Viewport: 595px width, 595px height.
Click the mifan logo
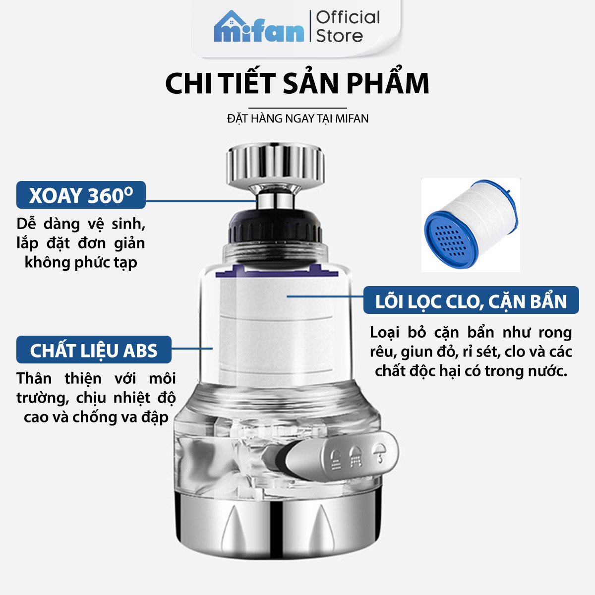[x=259, y=27]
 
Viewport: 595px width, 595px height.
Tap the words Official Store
[x=348, y=27]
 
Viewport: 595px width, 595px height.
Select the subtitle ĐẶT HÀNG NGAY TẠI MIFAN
[x=297, y=119]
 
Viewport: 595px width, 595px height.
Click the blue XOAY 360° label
[x=81, y=195]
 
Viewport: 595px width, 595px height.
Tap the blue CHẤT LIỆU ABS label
[x=94, y=350]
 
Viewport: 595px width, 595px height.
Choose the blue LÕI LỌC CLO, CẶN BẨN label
[x=471, y=300]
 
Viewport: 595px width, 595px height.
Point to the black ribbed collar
[x=275, y=227]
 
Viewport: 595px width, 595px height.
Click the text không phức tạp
[x=81, y=263]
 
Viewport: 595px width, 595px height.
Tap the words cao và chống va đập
[x=96, y=417]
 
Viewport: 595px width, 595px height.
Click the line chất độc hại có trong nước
[x=471, y=371]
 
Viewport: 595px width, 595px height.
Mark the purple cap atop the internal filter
[x=277, y=271]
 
